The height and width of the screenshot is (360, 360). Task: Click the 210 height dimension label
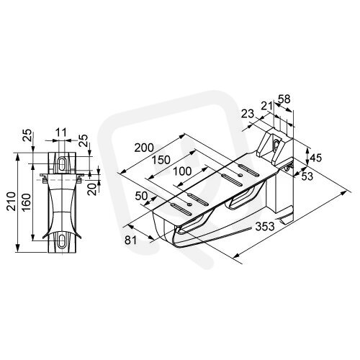pyautogui.click(x=12, y=201)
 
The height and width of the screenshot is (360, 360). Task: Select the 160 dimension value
pyautogui.click(x=27, y=202)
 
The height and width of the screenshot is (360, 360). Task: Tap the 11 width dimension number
pyautogui.click(x=60, y=132)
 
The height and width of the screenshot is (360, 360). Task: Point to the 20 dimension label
pyautogui.click(x=93, y=189)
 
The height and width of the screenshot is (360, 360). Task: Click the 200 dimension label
pyautogui.click(x=144, y=148)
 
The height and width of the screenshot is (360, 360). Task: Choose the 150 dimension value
pyautogui.click(x=161, y=160)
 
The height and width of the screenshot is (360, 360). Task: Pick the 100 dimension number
pyautogui.click(x=182, y=171)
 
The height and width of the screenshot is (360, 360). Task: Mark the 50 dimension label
pyautogui.click(x=141, y=196)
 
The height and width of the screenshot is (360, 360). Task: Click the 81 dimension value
pyautogui.click(x=130, y=240)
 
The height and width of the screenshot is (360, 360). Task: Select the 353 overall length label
pyautogui.click(x=265, y=226)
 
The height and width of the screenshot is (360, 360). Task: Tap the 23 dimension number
pyautogui.click(x=248, y=114)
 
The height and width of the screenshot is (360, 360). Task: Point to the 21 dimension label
pyautogui.click(x=266, y=106)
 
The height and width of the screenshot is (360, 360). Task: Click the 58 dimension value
pyautogui.click(x=284, y=99)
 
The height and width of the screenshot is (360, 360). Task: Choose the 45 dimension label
pyautogui.click(x=316, y=158)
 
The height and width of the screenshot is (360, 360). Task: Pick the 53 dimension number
pyautogui.click(x=307, y=176)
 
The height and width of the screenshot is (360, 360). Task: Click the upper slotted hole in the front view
pyautogui.click(x=62, y=163)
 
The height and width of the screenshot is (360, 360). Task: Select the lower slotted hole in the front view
pyautogui.click(x=62, y=240)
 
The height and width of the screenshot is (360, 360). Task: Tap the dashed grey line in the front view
pyautogui.click(x=62, y=179)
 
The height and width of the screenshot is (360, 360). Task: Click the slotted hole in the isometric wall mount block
pyautogui.click(x=276, y=145)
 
